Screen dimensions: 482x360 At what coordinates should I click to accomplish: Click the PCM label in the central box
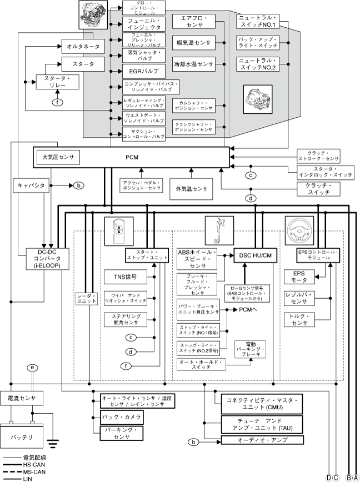[x=132, y=157]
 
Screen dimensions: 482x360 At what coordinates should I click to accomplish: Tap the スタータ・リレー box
[x=53, y=83]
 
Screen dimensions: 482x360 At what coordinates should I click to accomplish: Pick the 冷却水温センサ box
[x=193, y=63]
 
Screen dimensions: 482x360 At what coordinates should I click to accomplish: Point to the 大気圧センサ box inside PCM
[x=58, y=157]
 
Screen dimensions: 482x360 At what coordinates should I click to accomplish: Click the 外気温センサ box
[x=192, y=189]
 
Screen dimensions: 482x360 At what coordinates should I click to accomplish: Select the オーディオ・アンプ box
[x=262, y=440]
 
